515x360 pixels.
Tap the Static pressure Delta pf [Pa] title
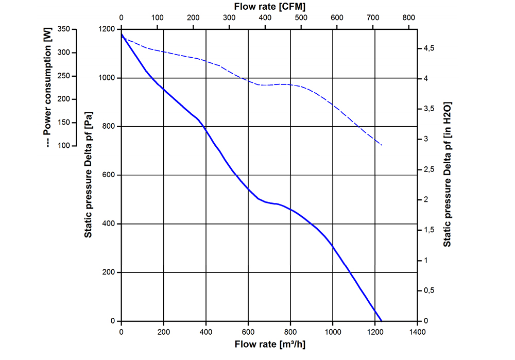[88, 176]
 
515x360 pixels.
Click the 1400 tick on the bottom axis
[418, 332]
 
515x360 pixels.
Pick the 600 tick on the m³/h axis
[248, 332]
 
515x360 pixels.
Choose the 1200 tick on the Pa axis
[107, 29]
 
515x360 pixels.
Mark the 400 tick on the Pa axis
[109, 224]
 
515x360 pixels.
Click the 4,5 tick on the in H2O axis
[428, 48]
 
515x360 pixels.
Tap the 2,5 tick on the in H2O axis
[428, 169]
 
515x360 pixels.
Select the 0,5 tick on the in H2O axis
[428, 291]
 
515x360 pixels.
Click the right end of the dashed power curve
[382, 145]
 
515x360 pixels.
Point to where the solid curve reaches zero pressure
[382, 321]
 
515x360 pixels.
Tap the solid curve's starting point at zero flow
[121, 34]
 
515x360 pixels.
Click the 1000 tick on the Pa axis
[107, 78]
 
